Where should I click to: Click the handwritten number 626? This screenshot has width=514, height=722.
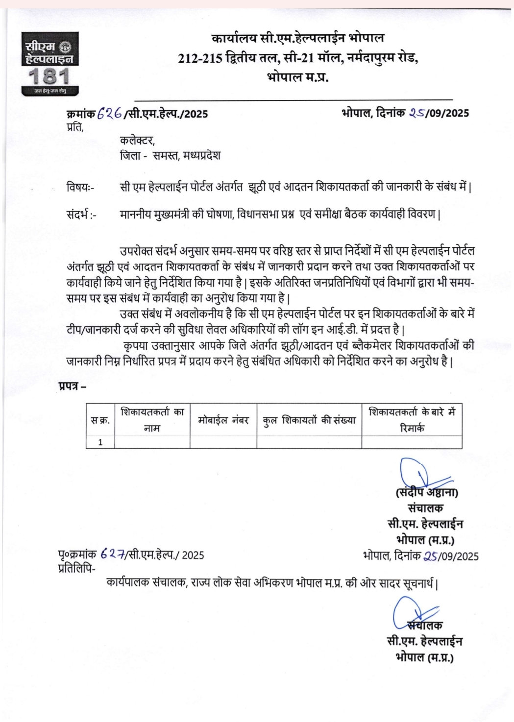point(110,114)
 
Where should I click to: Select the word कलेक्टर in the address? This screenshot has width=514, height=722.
point(137,141)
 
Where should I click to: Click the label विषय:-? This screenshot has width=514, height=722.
point(80,187)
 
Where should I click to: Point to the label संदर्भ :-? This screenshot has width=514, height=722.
point(81,215)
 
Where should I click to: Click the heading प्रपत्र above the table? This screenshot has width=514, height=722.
point(72,386)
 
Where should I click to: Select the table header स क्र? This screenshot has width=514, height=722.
point(100,420)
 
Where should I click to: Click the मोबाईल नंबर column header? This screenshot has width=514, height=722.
point(223,420)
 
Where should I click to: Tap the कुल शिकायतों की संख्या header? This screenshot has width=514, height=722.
point(309,420)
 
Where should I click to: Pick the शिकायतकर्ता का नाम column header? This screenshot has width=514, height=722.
point(152,420)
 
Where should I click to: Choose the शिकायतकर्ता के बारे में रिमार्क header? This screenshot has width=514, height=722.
point(412,420)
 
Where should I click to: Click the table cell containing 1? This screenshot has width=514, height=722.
point(100,442)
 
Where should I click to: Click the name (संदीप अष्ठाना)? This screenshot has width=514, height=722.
point(427,492)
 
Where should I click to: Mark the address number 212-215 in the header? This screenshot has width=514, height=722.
point(200,58)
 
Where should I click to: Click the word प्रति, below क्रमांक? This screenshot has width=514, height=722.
point(75,127)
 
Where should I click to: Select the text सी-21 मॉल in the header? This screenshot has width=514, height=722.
point(312,58)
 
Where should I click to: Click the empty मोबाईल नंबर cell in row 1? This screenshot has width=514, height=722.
point(223,442)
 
